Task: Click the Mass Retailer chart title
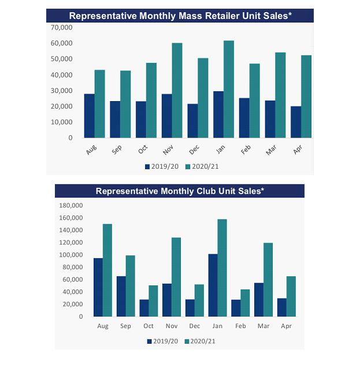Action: (180, 16)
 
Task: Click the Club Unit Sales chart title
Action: (179, 191)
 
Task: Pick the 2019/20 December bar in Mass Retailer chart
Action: (192, 121)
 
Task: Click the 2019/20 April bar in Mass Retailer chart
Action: (296, 122)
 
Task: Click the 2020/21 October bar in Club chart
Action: (153, 300)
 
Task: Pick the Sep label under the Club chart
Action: (125, 326)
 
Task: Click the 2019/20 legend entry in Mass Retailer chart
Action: (162, 166)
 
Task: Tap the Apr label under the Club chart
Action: (286, 326)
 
